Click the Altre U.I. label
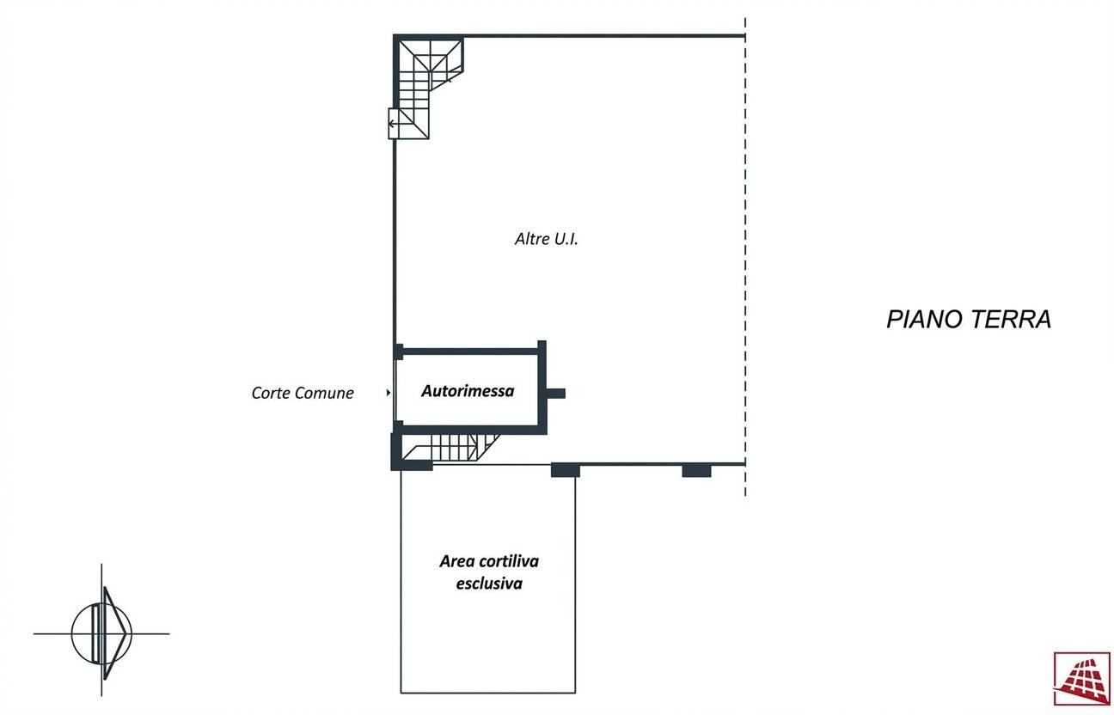(546, 240)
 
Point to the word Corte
(271, 393)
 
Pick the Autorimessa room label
(468, 391)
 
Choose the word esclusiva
(489, 584)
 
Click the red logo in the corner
(1081, 679)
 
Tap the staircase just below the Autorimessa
(453, 447)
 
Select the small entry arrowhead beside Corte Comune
(389, 393)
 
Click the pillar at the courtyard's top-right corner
(565, 470)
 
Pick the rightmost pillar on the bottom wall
(696, 470)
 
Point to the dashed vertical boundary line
(745, 258)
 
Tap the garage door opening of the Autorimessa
(395, 391)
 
